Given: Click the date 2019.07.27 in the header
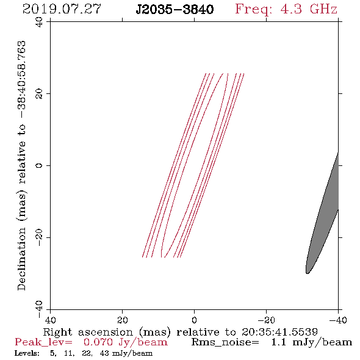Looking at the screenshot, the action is pos(62,9).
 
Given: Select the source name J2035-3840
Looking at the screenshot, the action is pos(175,9).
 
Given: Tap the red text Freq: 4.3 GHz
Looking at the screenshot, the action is pos(286,9).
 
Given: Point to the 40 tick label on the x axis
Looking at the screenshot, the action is pos(50,320).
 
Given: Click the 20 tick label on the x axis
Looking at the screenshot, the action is pos(123,320).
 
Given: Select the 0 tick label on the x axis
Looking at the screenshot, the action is pos(195,320).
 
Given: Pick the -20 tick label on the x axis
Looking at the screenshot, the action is pos(266,320).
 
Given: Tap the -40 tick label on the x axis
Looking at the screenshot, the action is pos(338,320).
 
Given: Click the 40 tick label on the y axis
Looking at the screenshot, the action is pos(39,22).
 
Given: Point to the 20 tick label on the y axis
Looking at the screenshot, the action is pos(39,94).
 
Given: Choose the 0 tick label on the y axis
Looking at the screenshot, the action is pos(39,165).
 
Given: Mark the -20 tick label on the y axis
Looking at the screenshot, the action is pos(39,237).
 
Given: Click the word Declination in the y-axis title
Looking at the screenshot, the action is pos(21,259).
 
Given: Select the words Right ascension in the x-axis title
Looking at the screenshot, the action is pos(88,332).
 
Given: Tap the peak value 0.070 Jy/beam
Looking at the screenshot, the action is pos(126,342).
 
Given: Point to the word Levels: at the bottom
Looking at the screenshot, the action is pos(27,353).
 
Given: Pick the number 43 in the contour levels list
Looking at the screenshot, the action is pos(104,353).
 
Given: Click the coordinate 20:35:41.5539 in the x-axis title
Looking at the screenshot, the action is pos(279,332).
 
